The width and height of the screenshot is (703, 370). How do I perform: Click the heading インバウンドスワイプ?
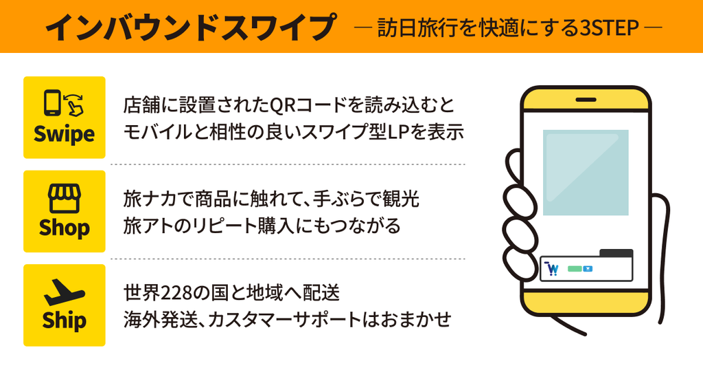[190, 27]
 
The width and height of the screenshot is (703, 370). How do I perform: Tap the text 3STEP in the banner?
[610, 28]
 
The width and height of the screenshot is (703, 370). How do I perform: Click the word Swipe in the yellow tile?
[64, 134]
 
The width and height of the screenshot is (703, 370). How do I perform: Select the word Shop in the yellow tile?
[64, 228]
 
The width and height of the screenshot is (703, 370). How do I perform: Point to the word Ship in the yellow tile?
[64, 320]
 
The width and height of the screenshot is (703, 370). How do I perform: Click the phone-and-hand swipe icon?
[64, 103]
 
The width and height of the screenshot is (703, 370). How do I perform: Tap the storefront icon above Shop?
[64, 198]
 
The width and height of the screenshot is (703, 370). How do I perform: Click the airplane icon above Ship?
[64, 292]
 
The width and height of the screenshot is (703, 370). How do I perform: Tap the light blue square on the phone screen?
[586, 173]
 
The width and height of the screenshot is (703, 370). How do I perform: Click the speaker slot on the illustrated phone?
[586, 100]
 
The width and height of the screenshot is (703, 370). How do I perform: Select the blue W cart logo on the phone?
[553, 268]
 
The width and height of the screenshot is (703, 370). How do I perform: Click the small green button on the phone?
[575, 268]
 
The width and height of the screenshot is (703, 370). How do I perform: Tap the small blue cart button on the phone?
[588, 268]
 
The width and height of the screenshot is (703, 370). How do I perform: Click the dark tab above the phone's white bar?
[616, 253]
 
